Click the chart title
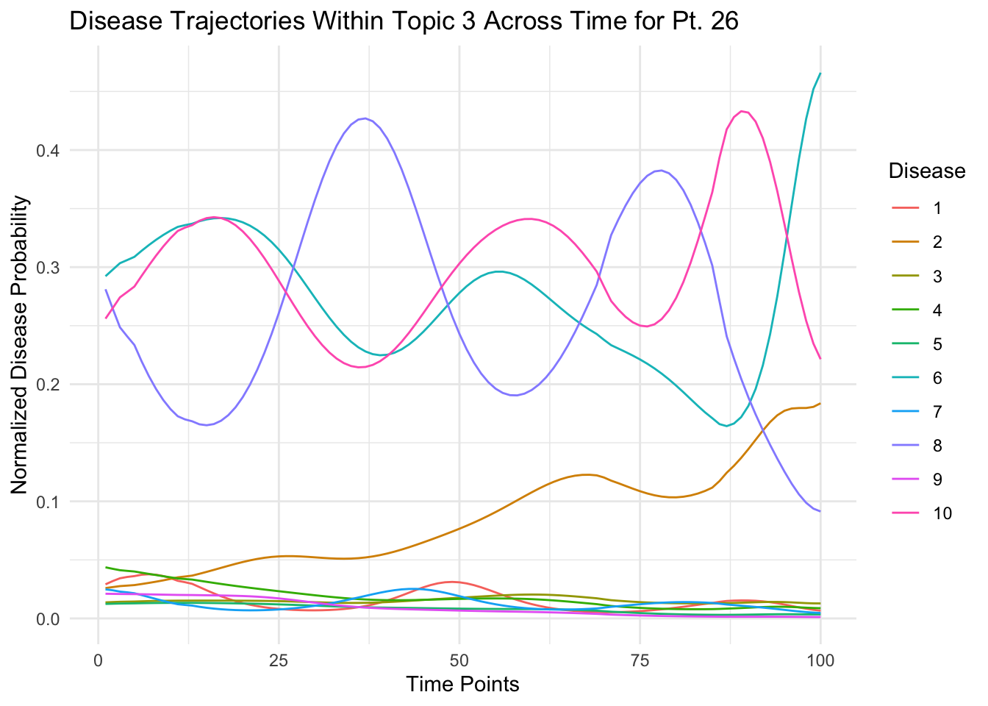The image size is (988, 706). click(404, 22)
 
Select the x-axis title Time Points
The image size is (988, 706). click(463, 685)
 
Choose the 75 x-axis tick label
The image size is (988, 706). click(640, 660)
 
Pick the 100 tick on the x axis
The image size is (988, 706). click(820, 660)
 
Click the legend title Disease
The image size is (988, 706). click(926, 171)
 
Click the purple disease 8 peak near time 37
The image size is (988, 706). click(365, 118)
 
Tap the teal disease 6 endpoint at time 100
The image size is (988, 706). click(820, 74)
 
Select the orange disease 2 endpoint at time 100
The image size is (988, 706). click(820, 404)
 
